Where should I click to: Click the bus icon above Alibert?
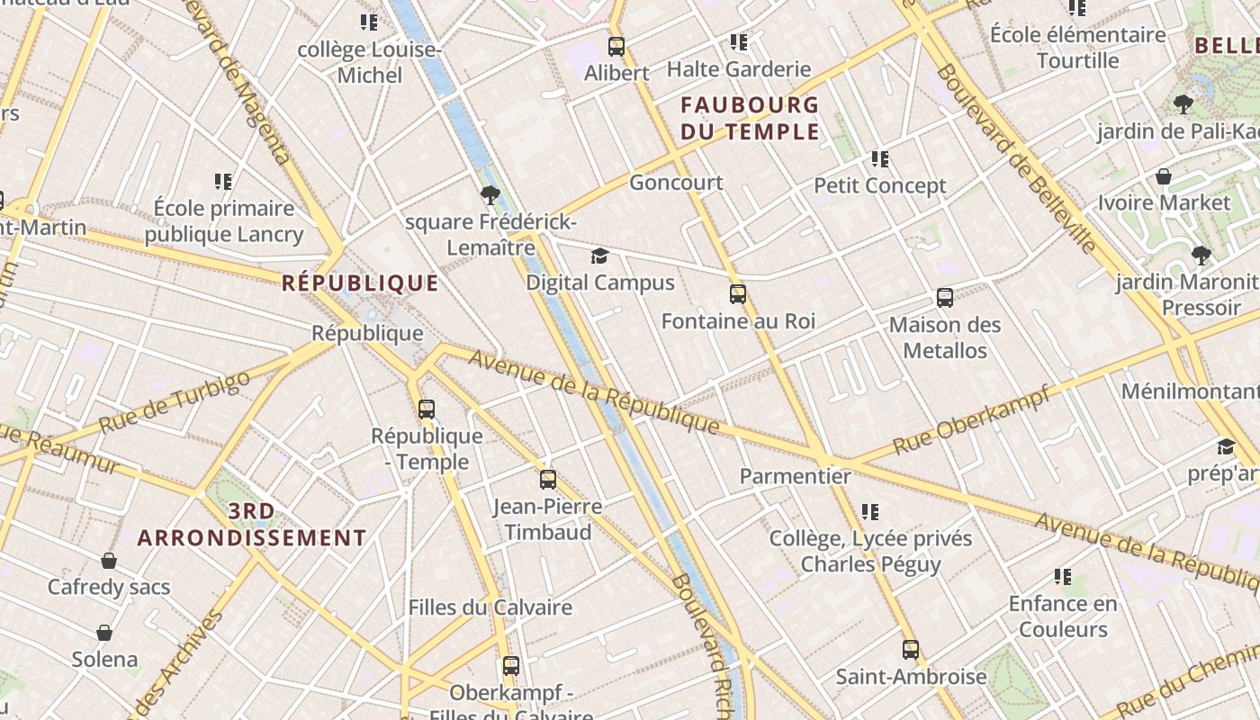616,47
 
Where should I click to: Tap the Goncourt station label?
676,183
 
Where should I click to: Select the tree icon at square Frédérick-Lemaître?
490,194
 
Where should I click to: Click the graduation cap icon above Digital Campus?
599,256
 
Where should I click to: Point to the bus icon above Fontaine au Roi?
738,294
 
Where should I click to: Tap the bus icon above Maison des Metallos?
945,298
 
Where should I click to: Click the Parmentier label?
795,476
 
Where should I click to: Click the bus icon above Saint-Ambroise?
911,650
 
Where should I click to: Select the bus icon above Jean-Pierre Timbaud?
547,480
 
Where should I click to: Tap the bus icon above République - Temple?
427,409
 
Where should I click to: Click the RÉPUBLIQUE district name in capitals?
360,283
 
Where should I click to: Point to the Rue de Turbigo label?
175,401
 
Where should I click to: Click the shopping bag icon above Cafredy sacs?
109,562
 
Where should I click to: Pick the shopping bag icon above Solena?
104,633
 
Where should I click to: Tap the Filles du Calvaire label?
490,607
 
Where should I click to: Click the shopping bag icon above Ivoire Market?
1164,176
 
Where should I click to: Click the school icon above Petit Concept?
880,160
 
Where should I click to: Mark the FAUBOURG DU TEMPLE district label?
750,119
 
